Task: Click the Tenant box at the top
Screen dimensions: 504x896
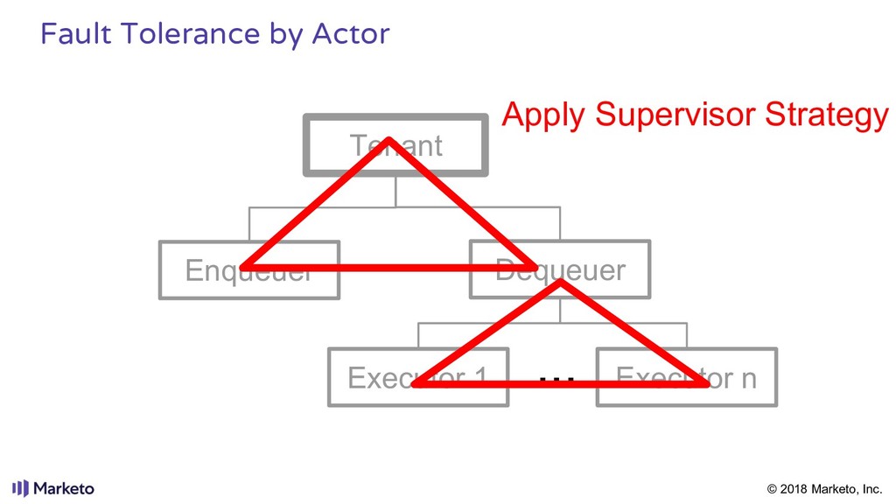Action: pos(395,144)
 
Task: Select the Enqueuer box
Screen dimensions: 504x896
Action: pos(249,269)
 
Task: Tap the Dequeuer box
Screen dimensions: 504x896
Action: pos(560,269)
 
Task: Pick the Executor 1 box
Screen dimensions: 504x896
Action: pos(418,377)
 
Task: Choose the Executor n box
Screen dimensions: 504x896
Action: pos(687,377)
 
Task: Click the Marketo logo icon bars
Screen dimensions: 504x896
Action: pos(20,488)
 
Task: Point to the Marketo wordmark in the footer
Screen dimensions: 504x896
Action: pos(65,488)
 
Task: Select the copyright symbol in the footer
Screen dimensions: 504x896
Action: pos(772,488)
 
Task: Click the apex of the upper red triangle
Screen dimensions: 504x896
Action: pos(389,141)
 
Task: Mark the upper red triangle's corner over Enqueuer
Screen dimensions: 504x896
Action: pos(244,266)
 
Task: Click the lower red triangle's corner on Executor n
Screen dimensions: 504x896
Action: pos(704,383)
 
